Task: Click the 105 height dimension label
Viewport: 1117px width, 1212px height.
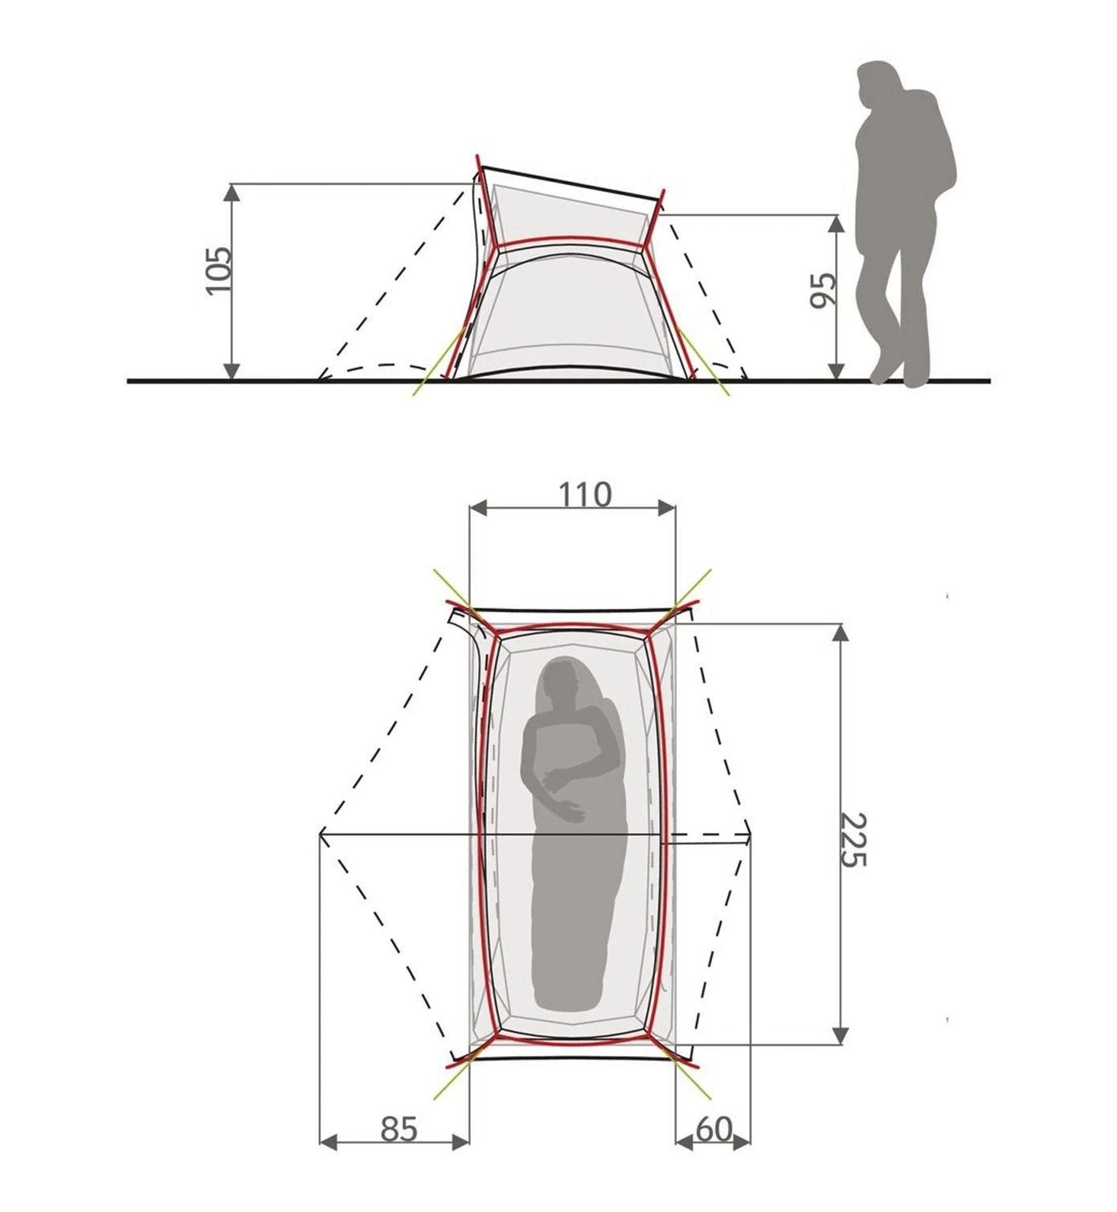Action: (x=219, y=270)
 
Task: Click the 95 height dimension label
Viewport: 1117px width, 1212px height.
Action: (x=823, y=291)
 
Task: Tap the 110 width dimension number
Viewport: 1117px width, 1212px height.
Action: (x=584, y=495)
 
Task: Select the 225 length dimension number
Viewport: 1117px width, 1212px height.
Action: (x=854, y=840)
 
